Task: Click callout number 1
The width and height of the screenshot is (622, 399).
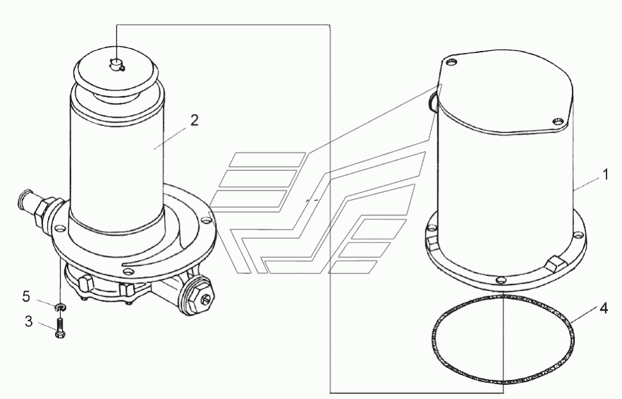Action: (x=605, y=174)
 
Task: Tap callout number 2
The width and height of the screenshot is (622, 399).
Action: (x=194, y=120)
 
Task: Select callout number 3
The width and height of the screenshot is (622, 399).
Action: (x=28, y=321)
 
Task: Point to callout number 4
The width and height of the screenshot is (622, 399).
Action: (x=604, y=308)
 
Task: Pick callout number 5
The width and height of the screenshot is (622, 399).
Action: (x=26, y=296)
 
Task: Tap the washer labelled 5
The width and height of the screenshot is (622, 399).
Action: (x=61, y=306)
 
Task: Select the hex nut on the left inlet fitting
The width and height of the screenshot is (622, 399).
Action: (x=41, y=210)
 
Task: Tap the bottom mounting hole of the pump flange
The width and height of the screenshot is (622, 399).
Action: (x=128, y=271)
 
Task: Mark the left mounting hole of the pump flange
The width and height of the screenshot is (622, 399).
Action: (x=59, y=229)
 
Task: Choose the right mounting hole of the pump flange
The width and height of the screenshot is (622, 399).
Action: (x=205, y=220)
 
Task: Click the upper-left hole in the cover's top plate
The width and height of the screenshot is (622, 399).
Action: (x=451, y=61)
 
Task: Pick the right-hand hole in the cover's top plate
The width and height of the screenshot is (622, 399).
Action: (x=559, y=121)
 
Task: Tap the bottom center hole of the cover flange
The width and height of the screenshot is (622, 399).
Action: (x=501, y=280)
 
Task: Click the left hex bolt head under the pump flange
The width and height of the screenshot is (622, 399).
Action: (x=86, y=284)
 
